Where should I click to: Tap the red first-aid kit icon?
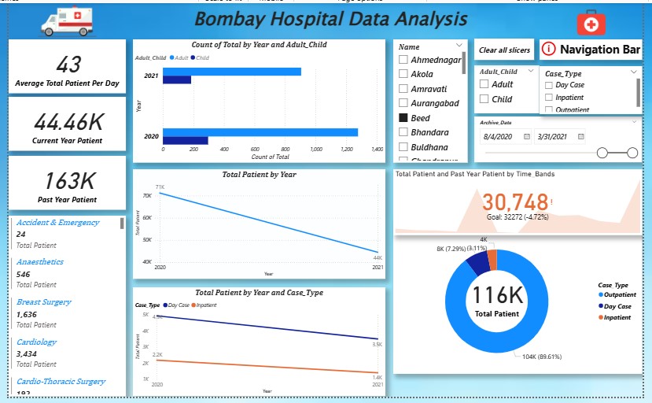591,23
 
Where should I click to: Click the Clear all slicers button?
504,50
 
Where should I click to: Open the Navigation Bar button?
591,50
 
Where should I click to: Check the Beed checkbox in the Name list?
403,117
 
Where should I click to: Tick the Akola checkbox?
403,74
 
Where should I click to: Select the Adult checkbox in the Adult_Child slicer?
484,84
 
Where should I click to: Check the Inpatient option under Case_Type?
549,98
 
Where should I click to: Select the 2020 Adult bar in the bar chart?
260,132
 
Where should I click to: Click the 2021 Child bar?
176,80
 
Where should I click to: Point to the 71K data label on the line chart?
160,187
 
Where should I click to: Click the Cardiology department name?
36,342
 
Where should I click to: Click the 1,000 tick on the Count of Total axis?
315,148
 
